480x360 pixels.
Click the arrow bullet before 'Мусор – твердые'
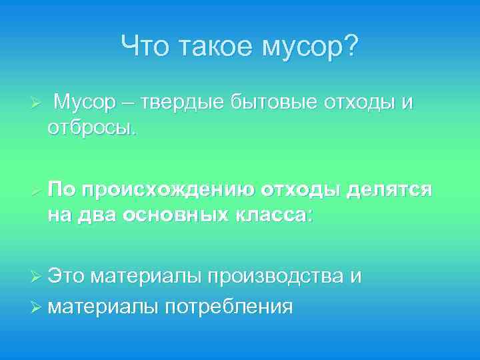(x=37, y=104)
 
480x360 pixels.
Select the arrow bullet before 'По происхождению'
(x=37, y=191)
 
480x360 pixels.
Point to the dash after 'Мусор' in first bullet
(x=128, y=104)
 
